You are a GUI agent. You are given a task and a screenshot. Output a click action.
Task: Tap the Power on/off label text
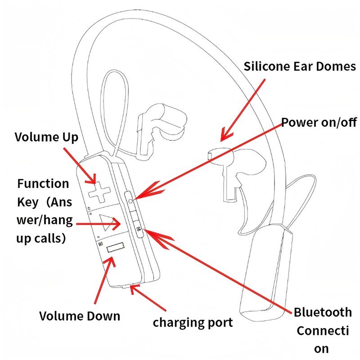point(319,122)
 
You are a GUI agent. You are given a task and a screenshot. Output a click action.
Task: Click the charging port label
point(193,322)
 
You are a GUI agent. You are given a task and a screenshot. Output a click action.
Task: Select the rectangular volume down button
point(115,248)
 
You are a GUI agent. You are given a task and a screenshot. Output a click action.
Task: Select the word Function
point(43,184)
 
